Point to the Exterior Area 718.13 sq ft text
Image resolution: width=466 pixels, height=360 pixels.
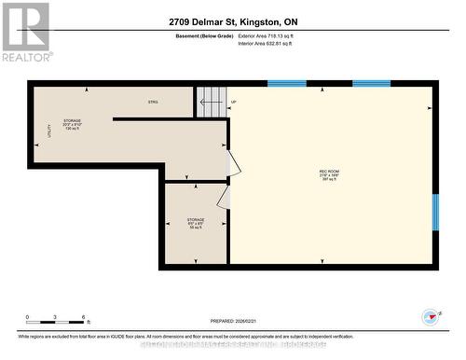(272, 35)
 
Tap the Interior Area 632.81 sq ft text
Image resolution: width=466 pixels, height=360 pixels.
(271, 44)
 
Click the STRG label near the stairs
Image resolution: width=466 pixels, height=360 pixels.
(153, 101)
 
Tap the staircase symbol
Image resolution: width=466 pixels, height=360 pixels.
(211, 102)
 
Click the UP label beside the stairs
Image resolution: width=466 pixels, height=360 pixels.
(233, 102)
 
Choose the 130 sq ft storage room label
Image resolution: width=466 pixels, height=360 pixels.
(73, 125)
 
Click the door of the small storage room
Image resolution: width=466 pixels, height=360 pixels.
(224, 197)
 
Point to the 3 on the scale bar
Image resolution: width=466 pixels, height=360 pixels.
(55, 318)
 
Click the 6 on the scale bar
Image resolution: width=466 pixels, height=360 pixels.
(83, 318)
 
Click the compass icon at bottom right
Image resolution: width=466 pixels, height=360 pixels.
(432, 317)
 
